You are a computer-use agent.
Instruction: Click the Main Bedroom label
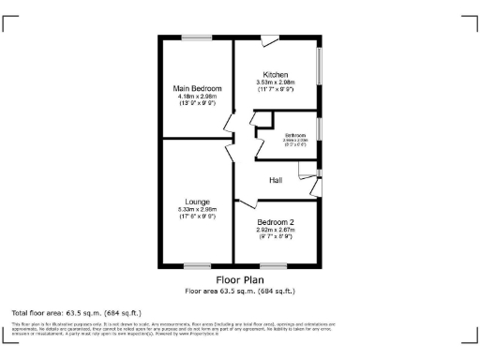click(197, 88)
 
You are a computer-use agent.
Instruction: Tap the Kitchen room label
click(275, 74)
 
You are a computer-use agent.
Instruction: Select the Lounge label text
click(197, 202)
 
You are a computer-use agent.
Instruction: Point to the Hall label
click(276, 180)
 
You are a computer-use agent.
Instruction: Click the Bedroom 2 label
click(276, 222)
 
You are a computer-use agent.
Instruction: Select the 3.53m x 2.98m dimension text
click(275, 82)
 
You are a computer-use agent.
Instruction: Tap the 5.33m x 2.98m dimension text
click(197, 209)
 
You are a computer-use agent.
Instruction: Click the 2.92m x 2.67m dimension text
click(276, 230)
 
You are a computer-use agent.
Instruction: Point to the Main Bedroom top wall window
click(197, 37)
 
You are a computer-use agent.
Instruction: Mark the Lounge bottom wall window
click(197, 267)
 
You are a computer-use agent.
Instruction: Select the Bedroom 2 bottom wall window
click(275, 267)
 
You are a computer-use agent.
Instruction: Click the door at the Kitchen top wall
click(270, 39)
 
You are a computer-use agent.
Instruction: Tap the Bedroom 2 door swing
click(246, 203)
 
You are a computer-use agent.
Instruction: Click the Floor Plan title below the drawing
click(240, 280)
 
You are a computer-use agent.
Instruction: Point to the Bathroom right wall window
click(320, 128)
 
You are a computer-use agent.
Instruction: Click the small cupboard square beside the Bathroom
click(263, 119)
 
